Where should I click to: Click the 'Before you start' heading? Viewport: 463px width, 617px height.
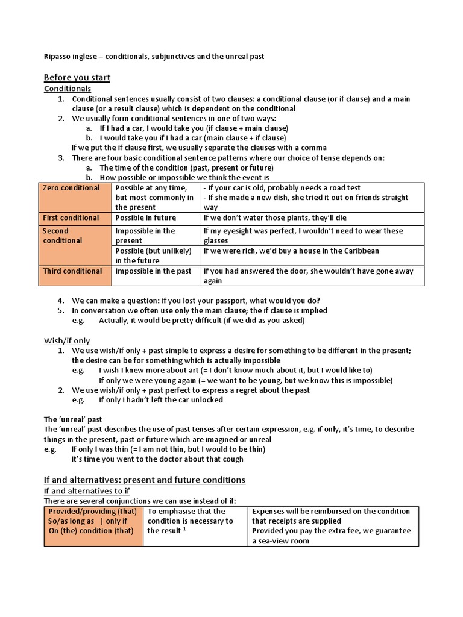[x=77, y=78]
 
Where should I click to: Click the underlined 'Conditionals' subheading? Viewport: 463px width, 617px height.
[x=68, y=89]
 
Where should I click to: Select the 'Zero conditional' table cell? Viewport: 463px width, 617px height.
[x=71, y=188]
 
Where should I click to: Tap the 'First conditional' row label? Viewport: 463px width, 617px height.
[x=71, y=218]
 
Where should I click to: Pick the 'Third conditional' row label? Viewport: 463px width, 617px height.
[x=72, y=271]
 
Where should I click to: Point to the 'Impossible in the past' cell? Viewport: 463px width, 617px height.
[x=154, y=271]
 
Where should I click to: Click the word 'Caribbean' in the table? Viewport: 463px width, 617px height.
[x=360, y=251]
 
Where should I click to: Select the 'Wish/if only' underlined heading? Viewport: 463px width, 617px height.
[x=67, y=341]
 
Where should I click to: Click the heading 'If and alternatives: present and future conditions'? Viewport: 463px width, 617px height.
[x=145, y=480]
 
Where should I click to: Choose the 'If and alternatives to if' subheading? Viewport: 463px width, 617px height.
[x=87, y=491]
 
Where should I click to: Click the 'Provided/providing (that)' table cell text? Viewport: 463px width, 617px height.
[x=93, y=511]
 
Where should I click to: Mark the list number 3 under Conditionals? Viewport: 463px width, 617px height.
[x=61, y=158]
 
